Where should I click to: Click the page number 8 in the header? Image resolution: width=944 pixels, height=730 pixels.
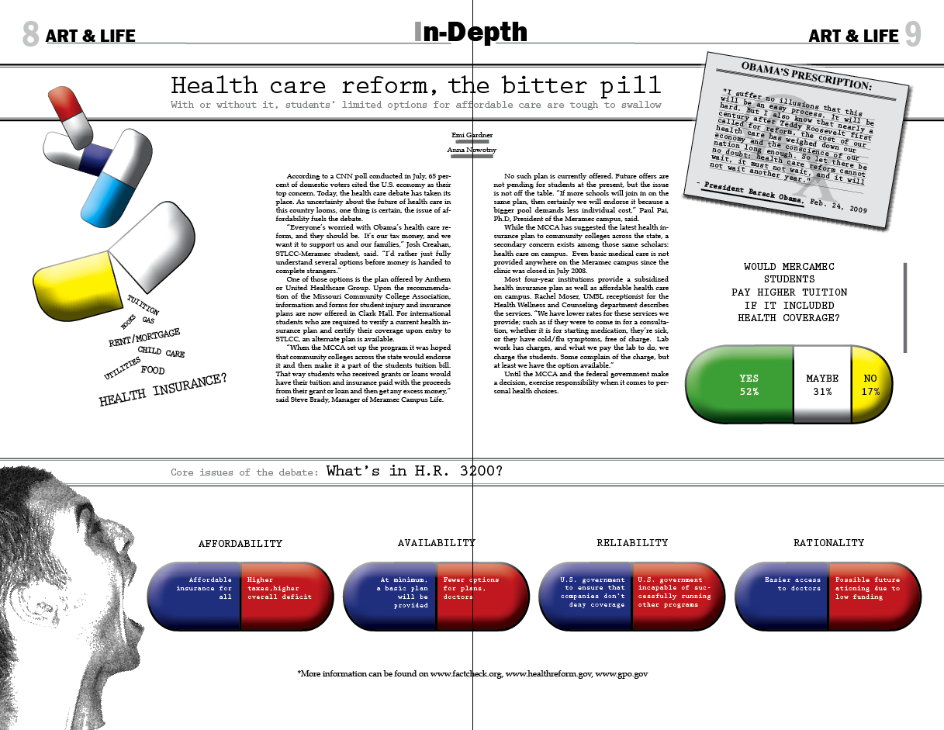pos(30,34)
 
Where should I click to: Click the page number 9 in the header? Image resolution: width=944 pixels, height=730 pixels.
pos(912,34)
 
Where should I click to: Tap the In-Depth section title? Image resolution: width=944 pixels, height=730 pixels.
pos(471,33)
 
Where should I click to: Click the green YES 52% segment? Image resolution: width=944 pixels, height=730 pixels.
pos(740,385)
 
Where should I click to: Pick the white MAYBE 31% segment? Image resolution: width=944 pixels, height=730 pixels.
pos(822,385)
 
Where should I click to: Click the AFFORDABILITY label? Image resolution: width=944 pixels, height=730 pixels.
pos(240,543)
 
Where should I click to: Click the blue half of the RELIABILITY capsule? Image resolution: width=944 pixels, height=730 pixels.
pos(586,596)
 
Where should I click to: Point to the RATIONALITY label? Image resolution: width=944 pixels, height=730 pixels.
pos(828,543)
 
